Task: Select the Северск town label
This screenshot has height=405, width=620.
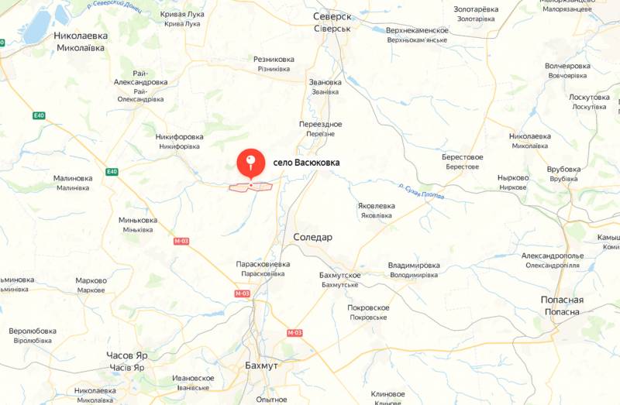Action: [332, 16]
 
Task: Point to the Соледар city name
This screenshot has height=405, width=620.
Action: [312, 237]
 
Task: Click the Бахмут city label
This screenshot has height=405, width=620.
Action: [261, 365]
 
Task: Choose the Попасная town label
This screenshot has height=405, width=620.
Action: [562, 300]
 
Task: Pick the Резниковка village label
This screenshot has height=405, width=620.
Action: [274, 59]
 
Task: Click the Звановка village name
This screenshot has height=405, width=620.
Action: [325, 82]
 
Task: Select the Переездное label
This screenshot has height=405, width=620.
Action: [321, 124]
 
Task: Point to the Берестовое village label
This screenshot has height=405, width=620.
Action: [463, 157]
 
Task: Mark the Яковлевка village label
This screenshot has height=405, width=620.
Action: [377, 206]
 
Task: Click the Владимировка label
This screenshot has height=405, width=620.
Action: [414, 265]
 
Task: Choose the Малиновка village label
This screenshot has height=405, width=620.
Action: [73, 178]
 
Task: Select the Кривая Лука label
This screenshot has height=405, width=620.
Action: [182, 15]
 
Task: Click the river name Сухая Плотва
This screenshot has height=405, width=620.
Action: [422, 192]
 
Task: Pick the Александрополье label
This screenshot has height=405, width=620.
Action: [552, 256]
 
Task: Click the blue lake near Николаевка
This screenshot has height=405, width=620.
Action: [37, 28]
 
